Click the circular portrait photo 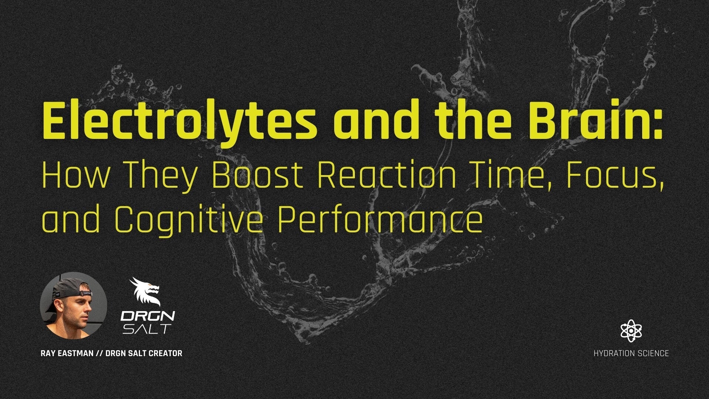tap(73, 306)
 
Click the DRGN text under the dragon tap(148, 316)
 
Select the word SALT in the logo tap(147, 328)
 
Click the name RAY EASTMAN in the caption tap(67, 353)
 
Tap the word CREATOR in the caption tap(165, 353)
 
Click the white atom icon tap(631, 331)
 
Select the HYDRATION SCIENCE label tap(631, 354)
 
